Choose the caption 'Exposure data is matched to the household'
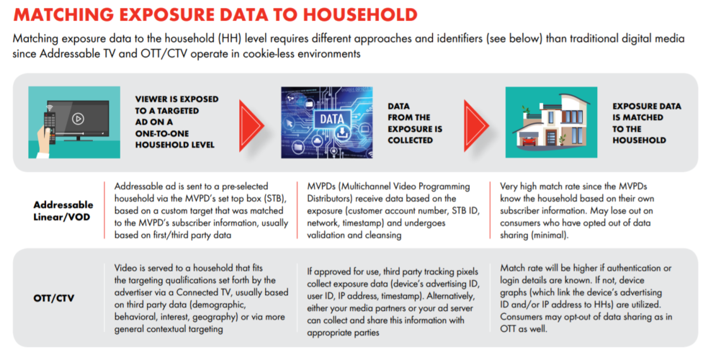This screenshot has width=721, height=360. point(646,123)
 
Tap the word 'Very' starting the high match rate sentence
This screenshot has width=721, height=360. point(511,186)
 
